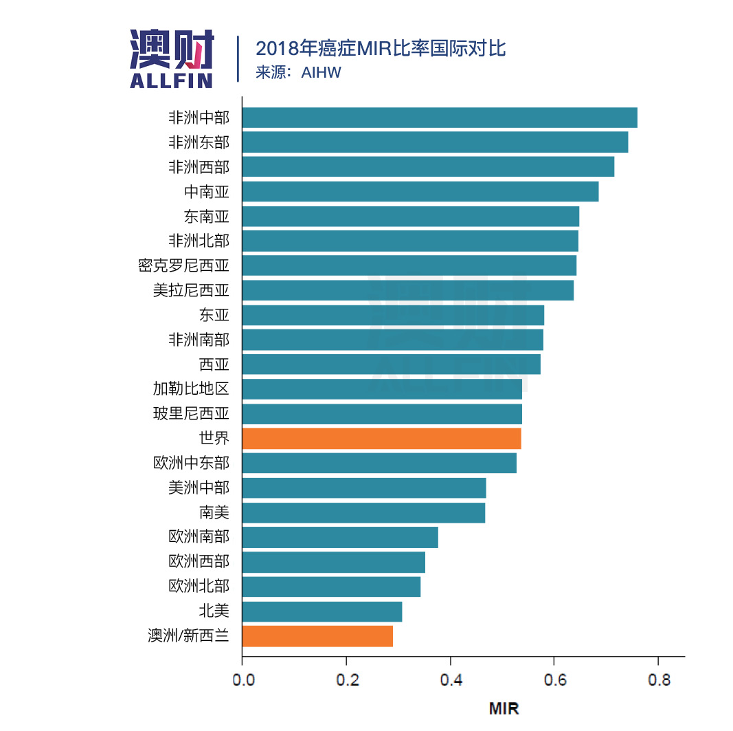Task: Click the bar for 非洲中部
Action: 440,118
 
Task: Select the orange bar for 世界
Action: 381,438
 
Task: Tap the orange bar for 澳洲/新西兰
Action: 317,636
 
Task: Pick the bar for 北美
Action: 322,611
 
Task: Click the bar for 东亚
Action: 393,315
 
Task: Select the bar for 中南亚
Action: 420,191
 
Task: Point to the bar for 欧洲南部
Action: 340,537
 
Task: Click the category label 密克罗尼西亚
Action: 183,265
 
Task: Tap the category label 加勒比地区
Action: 191,389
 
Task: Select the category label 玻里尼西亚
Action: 191,414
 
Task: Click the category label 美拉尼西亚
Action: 191,290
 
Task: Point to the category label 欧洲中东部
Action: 191,463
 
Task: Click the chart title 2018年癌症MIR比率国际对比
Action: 381,49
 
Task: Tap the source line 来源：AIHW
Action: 298,72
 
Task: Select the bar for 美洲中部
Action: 364,488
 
